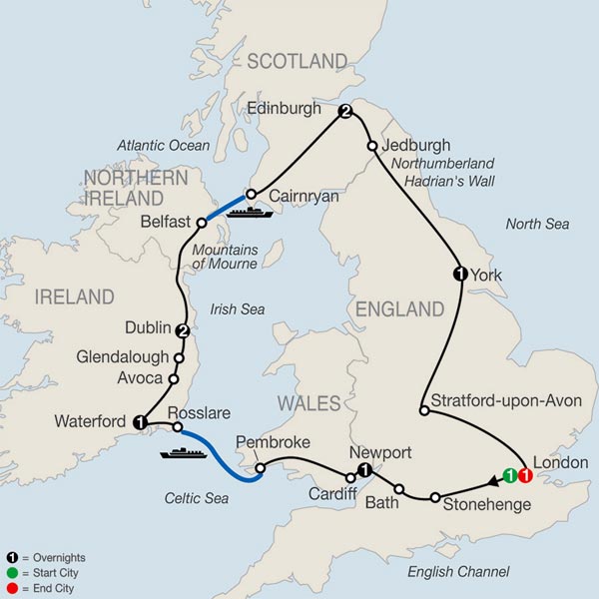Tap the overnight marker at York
coord(460,274)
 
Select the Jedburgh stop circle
coord(372,147)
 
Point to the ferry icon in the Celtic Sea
coord(183,453)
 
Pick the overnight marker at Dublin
coord(182,331)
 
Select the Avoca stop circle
coord(174,379)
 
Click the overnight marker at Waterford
coord(140,423)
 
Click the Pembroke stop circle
coord(259,466)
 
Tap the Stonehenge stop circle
coord(434,496)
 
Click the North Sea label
coord(537,224)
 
